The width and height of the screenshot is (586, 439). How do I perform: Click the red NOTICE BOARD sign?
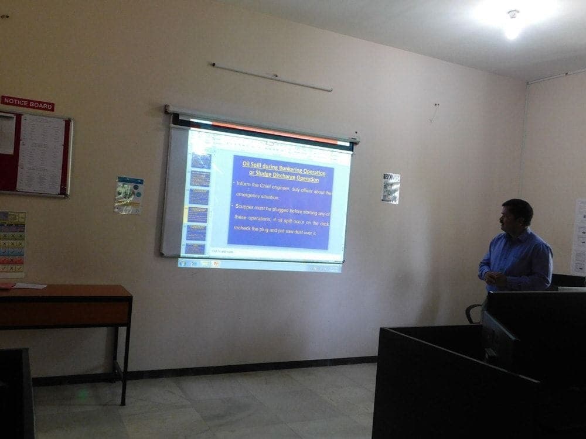tap(28, 103)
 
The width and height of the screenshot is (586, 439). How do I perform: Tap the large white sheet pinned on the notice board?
tap(40, 153)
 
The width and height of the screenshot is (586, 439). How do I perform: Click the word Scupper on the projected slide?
tap(244, 206)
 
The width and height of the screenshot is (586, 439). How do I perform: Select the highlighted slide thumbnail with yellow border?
tap(197, 214)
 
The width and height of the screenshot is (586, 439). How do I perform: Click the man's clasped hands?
tap(493, 279)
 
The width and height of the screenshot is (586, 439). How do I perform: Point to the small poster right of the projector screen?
tap(391, 188)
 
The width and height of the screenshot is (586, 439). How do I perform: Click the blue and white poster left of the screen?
tap(129, 195)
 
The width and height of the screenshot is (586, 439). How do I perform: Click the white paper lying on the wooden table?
tap(29, 286)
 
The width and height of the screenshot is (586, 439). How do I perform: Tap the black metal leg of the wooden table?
tap(125, 363)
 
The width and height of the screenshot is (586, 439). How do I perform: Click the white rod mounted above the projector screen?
tap(272, 77)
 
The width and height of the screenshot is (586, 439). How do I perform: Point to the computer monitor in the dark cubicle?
tap(499, 340)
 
